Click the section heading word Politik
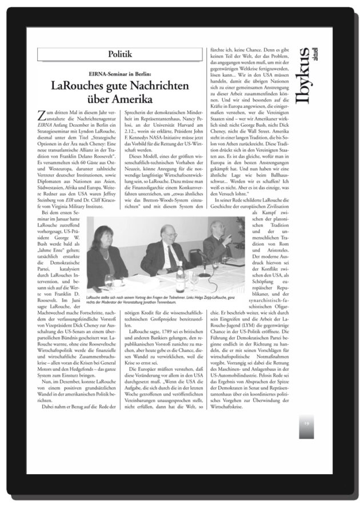click(119, 54)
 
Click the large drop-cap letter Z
click(41, 117)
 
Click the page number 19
click(306, 424)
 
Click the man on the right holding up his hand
click(220, 243)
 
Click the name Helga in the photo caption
click(203, 298)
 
